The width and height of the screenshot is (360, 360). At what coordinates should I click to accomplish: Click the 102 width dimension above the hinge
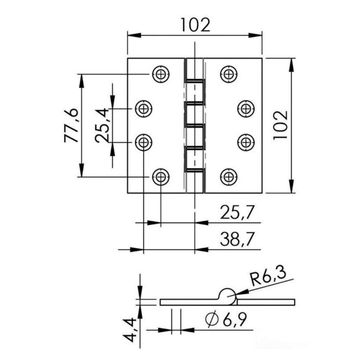[195, 25]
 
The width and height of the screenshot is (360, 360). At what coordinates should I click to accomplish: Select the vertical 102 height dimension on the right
[280, 125]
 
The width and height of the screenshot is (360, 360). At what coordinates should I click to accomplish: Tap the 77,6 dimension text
[72, 125]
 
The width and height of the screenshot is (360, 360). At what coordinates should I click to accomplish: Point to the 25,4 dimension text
[102, 125]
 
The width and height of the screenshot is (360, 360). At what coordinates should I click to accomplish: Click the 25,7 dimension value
[237, 213]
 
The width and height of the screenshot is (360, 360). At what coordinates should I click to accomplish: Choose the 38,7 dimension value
[237, 239]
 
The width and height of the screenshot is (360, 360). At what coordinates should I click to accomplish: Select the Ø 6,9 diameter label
[226, 319]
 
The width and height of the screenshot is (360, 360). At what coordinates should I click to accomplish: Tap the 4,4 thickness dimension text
[129, 330]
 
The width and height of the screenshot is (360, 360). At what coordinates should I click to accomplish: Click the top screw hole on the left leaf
[161, 74]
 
